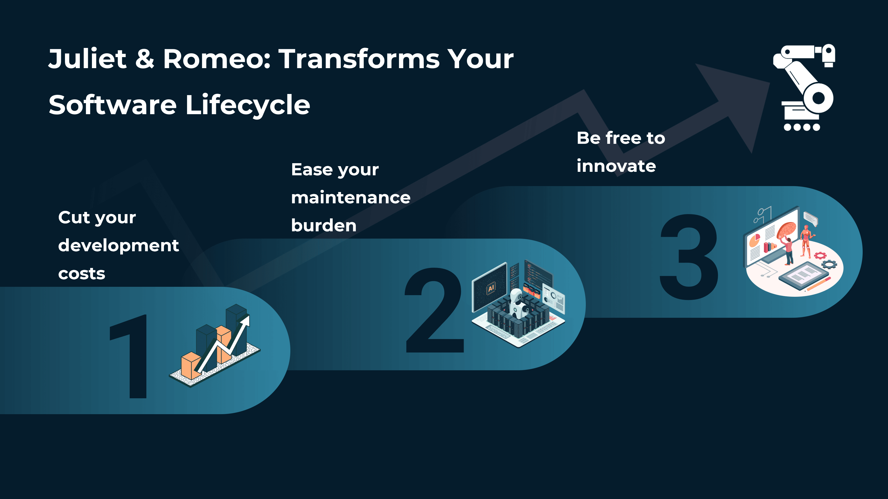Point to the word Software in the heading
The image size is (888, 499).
pos(112,105)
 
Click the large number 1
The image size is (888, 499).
pos(133,357)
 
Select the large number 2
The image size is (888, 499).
pos(434,310)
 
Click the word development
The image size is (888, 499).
pos(118,246)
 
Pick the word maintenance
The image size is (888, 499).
pos(350,198)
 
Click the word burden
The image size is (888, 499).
pos(323,226)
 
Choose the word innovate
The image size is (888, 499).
pos(616,166)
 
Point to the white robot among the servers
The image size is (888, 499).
pos(517,303)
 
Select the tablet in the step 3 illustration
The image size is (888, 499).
pos(803,275)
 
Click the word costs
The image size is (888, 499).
pos(81,274)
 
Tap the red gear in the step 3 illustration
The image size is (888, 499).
pos(820,255)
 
